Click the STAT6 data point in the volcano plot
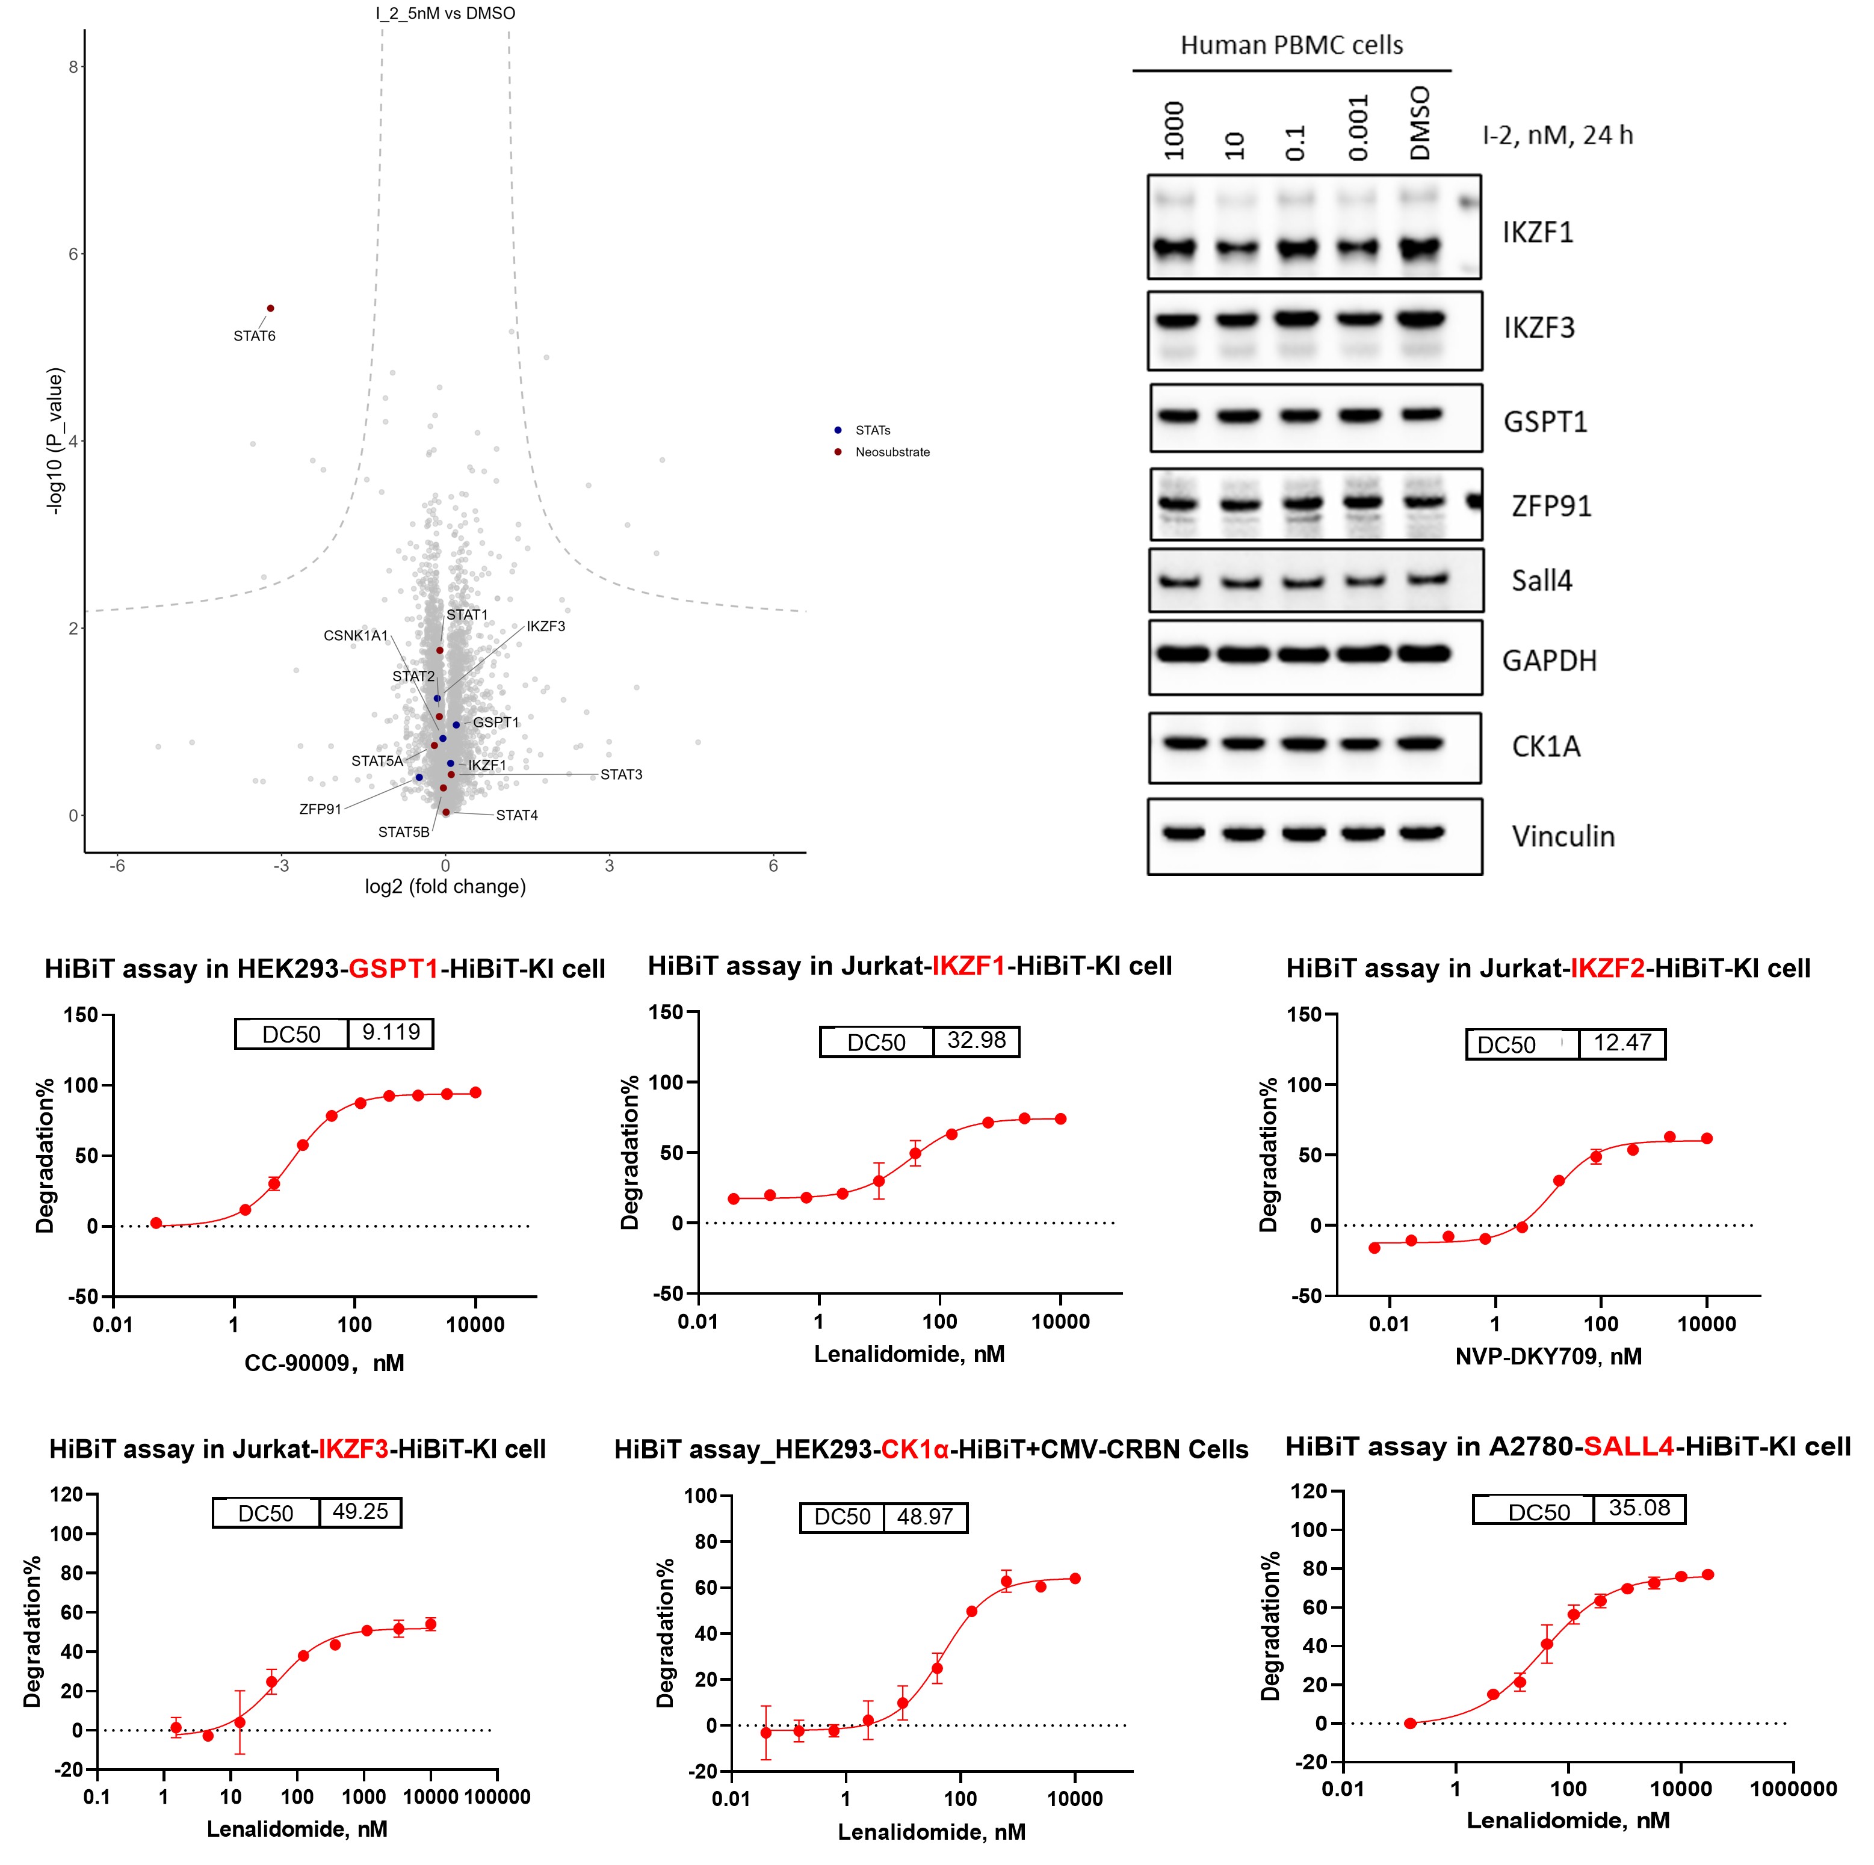click(271, 309)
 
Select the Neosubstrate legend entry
click(891, 452)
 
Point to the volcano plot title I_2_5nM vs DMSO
click(445, 14)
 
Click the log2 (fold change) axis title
click(445, 886)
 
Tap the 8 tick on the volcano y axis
click(73, 67)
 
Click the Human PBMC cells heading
click(1291, 46)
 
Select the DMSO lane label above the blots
click(1420, 123)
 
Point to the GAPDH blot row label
click(1549, 661)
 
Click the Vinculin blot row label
click(1563, 836)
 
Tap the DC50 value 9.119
click(391, 1032)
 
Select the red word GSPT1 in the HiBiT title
click(394, 969)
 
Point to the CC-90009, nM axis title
click(324, 1364)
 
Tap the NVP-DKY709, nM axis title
click(1548, 1356)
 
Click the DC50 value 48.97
click(924, 1517)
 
